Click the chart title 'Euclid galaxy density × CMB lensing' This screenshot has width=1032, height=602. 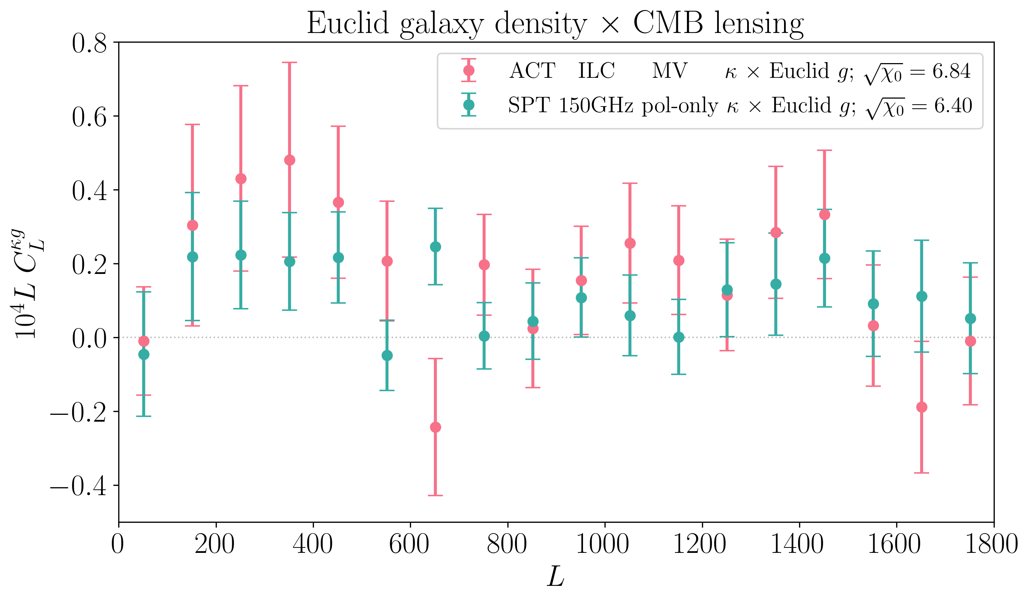[x=555, y=23]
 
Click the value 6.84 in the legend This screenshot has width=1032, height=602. [x=951, y=71]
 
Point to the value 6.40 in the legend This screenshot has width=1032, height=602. [x=953, y=106]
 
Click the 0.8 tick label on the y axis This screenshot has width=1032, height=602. [x=89, y=43]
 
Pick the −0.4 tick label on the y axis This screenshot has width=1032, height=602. [x=78, y=487]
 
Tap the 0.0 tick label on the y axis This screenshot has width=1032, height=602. [x=89, y=338]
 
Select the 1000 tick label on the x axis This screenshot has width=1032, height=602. [x=602, y=545]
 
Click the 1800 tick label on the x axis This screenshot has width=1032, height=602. [x=991, y=545]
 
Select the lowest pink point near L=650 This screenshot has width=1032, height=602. [x=435, y=427]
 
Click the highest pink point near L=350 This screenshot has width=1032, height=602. [x=290, y=160]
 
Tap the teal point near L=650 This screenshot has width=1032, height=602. [x=435, y=247]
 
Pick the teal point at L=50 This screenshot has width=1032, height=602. [x=144, y=355]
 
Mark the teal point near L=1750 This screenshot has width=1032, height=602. [x=970, y=318]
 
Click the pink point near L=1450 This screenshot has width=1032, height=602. [x=825, y=215]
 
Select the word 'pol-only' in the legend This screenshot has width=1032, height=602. [x=679, y=106]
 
